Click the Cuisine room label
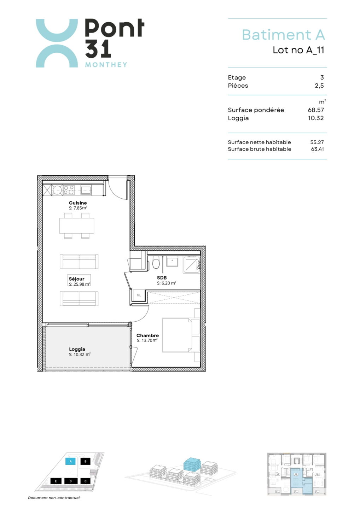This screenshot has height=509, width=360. (78, 203)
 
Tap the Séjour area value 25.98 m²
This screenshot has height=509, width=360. (80, 284)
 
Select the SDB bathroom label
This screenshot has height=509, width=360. (162, 278)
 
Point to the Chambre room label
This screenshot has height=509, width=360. (147, 335)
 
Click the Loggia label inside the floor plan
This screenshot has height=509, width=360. (77, 349)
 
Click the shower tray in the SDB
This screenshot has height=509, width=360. (192, 265)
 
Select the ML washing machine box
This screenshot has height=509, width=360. (139, 295)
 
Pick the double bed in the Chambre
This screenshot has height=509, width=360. (181, 335)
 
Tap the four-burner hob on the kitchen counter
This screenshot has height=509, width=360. (69, 190)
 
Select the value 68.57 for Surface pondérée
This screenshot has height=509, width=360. (316, 110)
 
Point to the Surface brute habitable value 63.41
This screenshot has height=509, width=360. (317, 149)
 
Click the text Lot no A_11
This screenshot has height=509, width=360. (298, 50)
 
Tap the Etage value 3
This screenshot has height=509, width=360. (322, 77)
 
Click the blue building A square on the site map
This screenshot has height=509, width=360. (71, 462)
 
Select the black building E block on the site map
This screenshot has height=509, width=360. (56, 481)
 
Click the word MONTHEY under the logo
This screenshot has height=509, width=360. (106, 65)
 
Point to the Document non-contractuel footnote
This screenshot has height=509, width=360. (54, 498)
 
